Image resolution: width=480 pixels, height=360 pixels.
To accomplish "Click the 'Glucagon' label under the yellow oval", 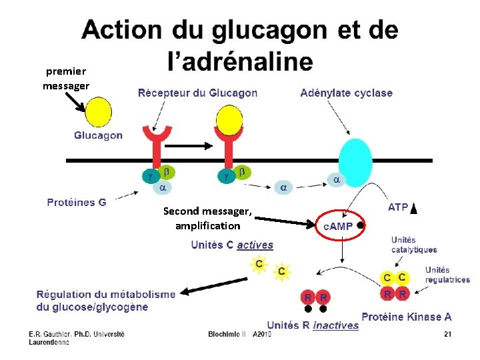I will click(98, 135).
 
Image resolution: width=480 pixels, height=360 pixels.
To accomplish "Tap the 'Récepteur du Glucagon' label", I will click(197, 93).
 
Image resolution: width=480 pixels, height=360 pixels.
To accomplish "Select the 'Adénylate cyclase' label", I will click(346, 93).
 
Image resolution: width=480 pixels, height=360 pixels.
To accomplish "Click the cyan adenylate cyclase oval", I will click(355, 163).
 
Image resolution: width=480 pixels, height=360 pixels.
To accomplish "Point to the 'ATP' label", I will click(398, 208).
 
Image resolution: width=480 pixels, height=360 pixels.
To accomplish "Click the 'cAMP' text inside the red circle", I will click(338, 226).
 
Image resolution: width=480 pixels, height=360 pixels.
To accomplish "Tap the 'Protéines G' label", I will click(77, 202).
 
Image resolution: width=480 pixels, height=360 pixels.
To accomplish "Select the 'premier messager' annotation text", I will click(65, 79).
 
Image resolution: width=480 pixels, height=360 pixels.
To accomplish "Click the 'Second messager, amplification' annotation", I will click(207, 218).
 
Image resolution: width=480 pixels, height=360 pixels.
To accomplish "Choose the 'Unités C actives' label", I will click(232, 245).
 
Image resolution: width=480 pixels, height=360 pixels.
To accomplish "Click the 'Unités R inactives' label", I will click(313, 325).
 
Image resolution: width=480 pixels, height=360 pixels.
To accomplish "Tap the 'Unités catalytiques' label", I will click(413, 245).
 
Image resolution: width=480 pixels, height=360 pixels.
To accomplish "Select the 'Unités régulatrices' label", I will click(447, 275).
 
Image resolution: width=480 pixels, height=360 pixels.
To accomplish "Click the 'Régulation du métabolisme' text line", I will click(106, 294).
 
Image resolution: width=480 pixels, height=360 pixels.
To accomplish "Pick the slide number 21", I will click(447, 334).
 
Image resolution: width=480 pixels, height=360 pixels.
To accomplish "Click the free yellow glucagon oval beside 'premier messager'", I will click(98, 111).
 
